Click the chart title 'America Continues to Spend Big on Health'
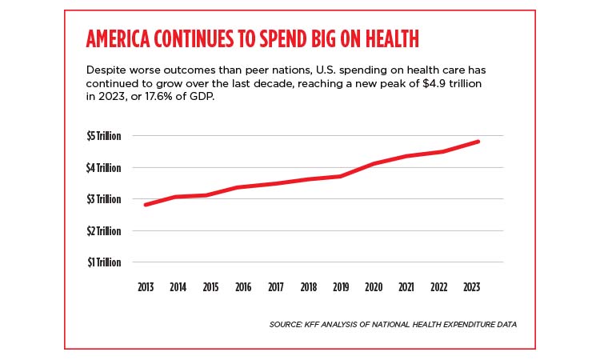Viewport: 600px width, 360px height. point(253,40)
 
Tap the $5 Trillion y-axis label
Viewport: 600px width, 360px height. point(104,136)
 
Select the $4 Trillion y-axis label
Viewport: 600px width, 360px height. point(104,168)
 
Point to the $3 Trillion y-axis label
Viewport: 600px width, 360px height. point(104,199)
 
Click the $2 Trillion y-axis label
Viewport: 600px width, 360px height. point(104,231)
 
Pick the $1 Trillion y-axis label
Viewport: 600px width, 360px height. point(104,262)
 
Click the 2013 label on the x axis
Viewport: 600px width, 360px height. point(145,286)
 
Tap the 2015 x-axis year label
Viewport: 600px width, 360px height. point(211,286)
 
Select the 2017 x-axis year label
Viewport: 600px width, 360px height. point(277,286)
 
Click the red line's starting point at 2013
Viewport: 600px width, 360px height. point(146,205)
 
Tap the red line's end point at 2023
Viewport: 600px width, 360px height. point(478,142)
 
